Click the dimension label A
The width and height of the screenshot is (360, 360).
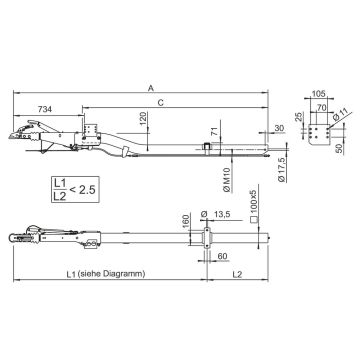tap(151, 88)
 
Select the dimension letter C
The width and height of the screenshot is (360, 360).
tap(161, 103)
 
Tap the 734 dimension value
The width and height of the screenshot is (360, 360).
tap(45, 109)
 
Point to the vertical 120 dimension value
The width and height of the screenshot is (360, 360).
tap(143, 119)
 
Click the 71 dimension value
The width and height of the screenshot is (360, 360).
tap(216, 131)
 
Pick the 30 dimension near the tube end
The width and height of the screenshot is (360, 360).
tap(279, 128)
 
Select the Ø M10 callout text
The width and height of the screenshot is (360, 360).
tap(226, 181)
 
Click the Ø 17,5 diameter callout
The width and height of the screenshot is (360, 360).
tap(282, 169)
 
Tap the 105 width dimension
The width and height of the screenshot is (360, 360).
tap(319, 94)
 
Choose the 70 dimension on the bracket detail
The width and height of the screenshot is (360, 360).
tap(321, 107)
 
